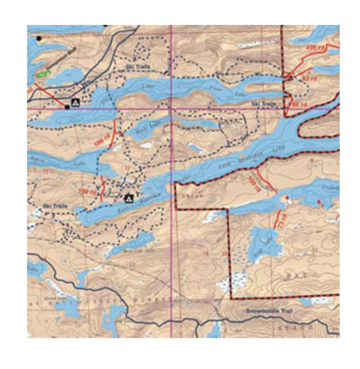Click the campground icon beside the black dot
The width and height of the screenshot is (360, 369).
(x=75, y=103)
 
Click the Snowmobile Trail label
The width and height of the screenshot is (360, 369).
(x=269, y=311)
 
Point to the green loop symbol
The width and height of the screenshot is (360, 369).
(x=43, y=74)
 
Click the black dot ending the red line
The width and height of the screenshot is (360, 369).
(x=67, y=107)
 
